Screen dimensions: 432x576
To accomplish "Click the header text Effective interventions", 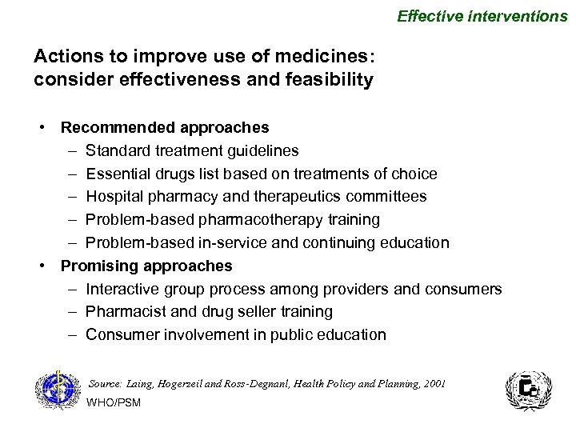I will (482, 15).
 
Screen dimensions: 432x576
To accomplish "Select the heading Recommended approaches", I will (165, 127).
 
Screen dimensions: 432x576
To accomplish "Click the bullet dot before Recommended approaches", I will (49, 127).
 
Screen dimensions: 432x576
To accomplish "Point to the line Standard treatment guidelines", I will (193, 150).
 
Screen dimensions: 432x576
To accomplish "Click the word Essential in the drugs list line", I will (115, 174).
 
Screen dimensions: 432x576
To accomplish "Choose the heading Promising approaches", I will (146, 266).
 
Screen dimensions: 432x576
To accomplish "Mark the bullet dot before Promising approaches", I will (49, 266).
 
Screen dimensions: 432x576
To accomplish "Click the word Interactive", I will (119, 289).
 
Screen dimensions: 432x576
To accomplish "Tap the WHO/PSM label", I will (113, 402).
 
